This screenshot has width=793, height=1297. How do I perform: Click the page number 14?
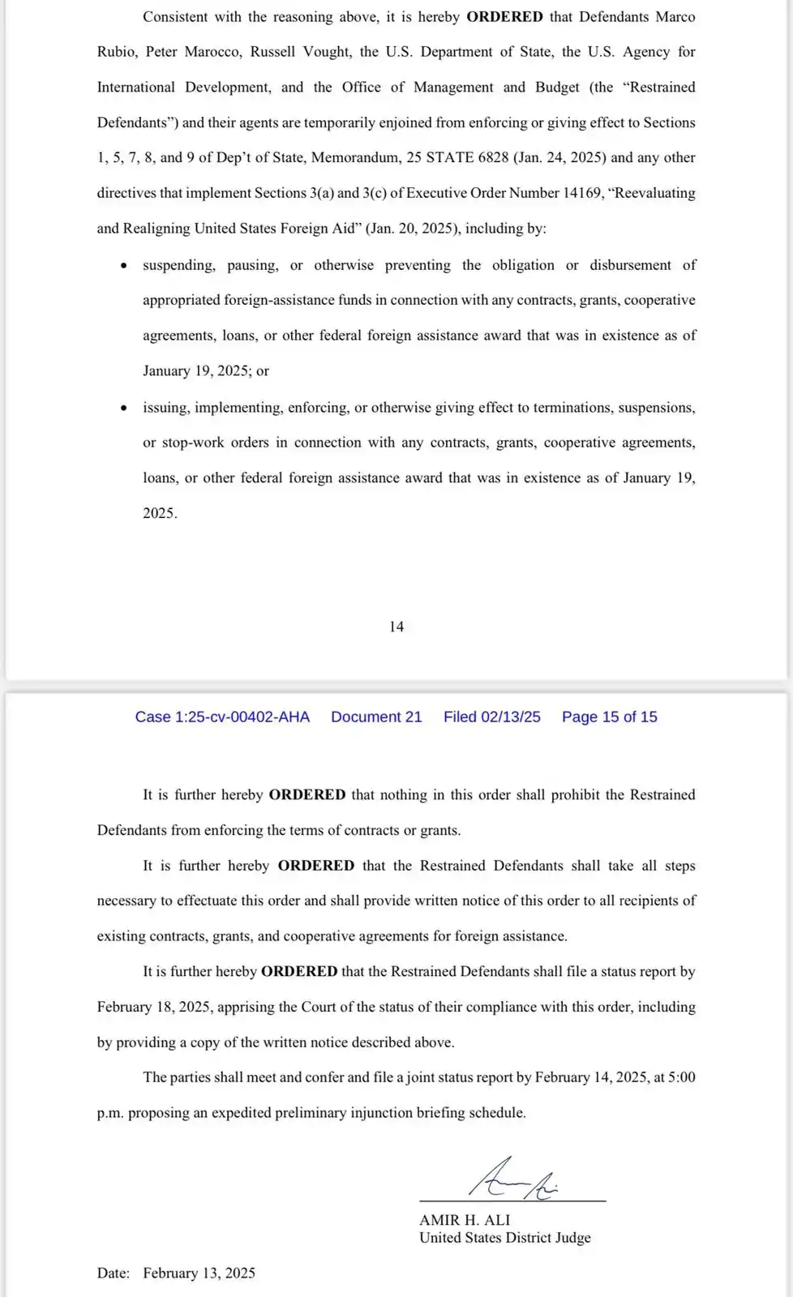click(x=396, y=627)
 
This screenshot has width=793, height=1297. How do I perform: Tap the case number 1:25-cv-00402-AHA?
click(x=222, y=717)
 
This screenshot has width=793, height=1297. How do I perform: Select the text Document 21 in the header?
click(x=376, y=717)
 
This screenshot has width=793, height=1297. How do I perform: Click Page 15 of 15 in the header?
click(x=609, y=717)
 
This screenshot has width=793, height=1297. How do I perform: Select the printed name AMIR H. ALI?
click(x=465, y=1219)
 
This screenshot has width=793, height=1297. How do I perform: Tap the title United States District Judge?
click(x=504, y=1238)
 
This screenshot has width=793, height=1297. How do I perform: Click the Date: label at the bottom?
click(x=114, y=1273)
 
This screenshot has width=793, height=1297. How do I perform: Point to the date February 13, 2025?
click(x=199, y=1273)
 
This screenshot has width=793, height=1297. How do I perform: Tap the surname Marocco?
click(x=212, y=52)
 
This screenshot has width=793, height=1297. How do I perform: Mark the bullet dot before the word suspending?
click(x=123, y=266)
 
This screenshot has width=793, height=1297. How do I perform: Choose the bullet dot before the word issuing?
click(x=123, y=408)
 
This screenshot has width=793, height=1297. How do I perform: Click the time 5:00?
click(x=681, y=1077)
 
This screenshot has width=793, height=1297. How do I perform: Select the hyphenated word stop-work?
click(x=192, y=443)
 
